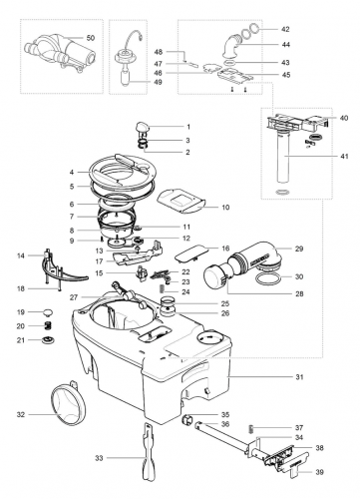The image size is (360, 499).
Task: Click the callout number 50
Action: [x=91, y=37]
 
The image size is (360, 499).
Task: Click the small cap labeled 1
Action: [x=139, y=127]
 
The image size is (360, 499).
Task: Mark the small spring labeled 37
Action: [x=252, y=428]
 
